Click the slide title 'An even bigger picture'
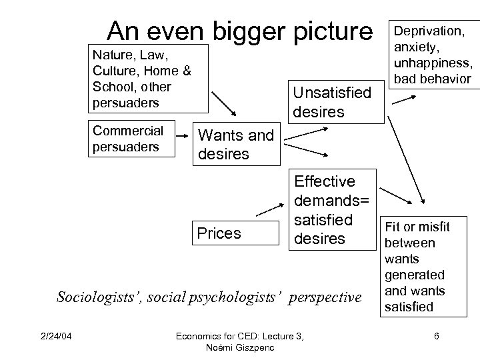[241, 31]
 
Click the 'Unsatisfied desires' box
[331, 102]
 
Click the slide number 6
[436, 336]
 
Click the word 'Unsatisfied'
[331, 93]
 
